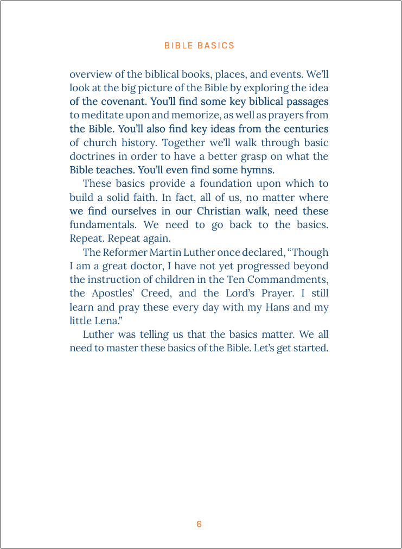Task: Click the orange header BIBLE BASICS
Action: [x=199, y=46]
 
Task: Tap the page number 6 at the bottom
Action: [x=199, y=524]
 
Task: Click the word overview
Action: [x=90, y=74]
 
